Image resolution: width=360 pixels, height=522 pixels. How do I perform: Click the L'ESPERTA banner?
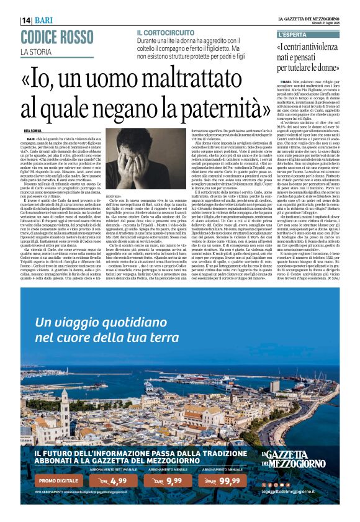(294, 34)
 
